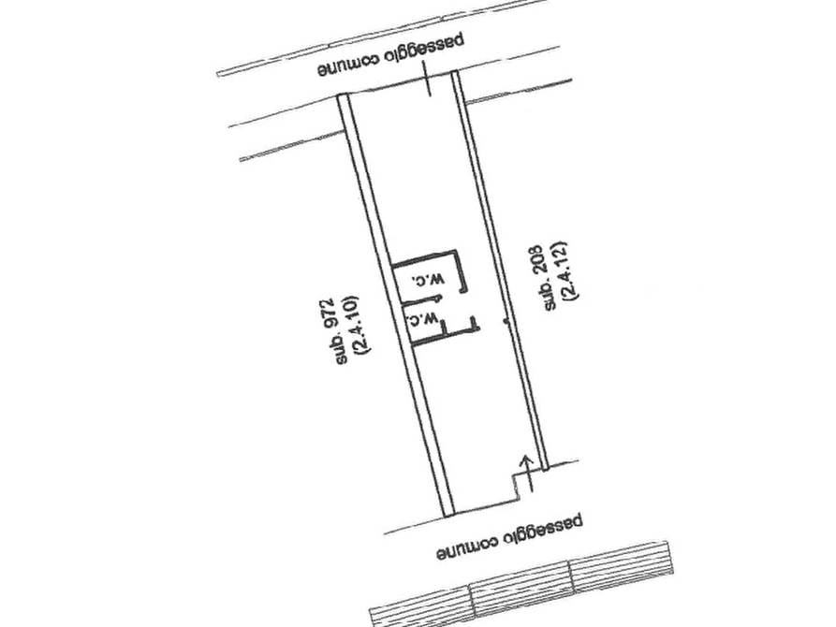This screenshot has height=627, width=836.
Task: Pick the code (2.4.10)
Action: tap(355, 325)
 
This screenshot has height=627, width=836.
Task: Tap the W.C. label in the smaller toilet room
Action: tap(422, 319)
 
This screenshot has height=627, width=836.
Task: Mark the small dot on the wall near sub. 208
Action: tap(506, 322)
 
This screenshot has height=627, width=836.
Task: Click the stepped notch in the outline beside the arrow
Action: tap(516, 488)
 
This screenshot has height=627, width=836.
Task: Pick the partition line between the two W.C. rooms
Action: tap(420, 301)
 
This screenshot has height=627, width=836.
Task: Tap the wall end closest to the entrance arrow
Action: tap(545, 468)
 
